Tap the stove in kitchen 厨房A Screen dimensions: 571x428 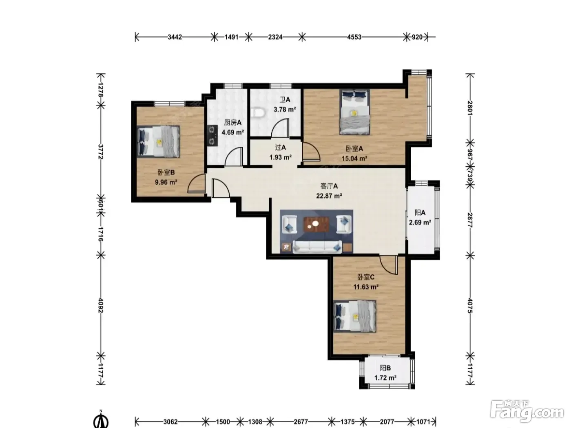point(213,135)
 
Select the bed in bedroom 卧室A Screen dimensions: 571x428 point(354,112)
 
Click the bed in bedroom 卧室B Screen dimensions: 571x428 point(158,141)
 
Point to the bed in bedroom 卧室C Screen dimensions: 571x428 point(355,316)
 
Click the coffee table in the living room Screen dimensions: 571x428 point(316,225)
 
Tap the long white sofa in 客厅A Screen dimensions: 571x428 point(317,247)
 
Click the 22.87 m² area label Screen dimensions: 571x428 point(329,196)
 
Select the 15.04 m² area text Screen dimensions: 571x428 point(354,158)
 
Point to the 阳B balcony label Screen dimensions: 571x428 point(385,368)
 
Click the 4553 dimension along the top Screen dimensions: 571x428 point(354,37)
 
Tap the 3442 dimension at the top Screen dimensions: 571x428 point(175,37)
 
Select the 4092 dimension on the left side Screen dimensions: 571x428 point(101,306)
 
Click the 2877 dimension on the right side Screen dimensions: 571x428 point(470,220)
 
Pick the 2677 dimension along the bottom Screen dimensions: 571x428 point(301,421)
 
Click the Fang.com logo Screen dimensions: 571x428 point(527,412)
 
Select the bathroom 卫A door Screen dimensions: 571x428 point(280,128)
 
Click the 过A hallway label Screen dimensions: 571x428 point(281,148)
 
